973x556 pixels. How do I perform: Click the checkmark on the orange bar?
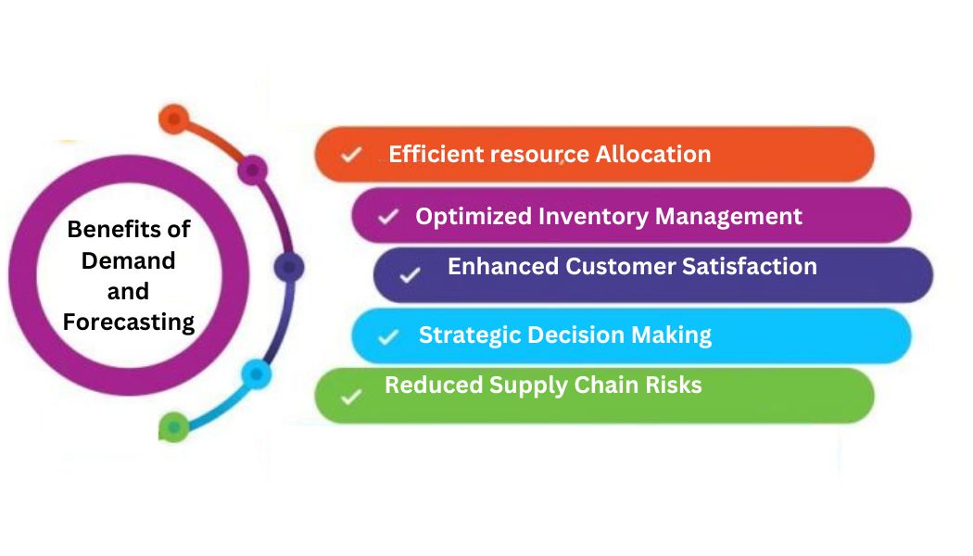pos(350,155)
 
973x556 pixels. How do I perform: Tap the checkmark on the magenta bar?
pos(388,217)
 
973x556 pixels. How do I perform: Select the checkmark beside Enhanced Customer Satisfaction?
pos(410,274)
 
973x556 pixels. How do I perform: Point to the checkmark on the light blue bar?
pos(388,336)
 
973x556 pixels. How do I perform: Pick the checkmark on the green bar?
pos(350,397)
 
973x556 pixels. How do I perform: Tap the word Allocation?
pos(653,154)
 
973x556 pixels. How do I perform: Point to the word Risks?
pos(675,384)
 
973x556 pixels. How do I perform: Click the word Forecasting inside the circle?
pos(129,322)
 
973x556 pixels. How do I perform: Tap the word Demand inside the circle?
pos(129,260)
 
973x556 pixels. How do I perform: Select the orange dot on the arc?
pos(173,119)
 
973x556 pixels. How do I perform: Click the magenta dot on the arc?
pos(252,171)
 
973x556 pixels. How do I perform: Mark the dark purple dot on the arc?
pos(289,268)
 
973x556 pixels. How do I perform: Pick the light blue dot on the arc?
pos(256,374)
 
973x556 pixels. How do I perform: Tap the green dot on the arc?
pos(173,427)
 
